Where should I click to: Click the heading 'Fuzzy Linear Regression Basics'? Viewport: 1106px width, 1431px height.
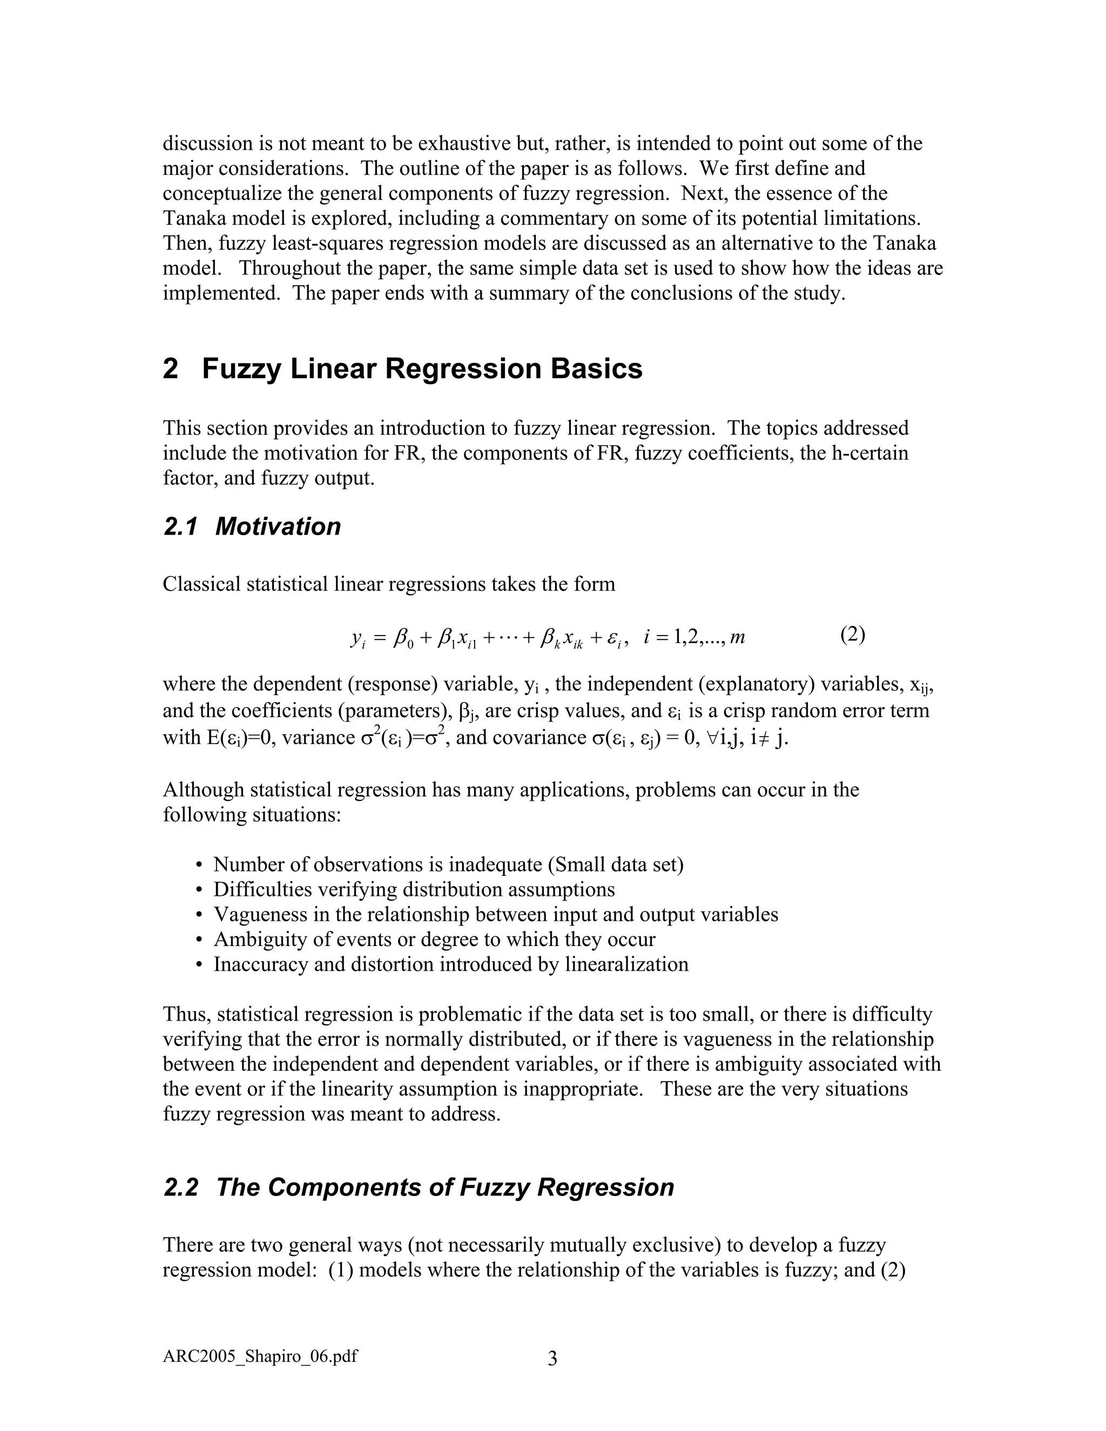[422, 369]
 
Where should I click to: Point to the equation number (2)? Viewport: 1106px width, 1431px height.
[852, 634]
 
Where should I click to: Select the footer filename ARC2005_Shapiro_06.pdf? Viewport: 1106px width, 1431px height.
[260, 1355]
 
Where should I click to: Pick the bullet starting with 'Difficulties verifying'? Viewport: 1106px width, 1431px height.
[414, 889]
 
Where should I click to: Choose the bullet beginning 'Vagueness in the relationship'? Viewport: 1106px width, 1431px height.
[495, 914]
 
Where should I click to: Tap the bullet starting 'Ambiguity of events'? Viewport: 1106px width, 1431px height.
[434, 939]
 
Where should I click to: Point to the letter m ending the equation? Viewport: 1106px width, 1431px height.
[737, 637]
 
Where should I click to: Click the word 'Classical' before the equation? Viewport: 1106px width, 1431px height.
[202, 584]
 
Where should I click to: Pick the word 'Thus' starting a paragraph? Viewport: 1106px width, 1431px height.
[186, 1014]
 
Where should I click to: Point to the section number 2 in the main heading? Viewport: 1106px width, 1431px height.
[170, 369]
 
